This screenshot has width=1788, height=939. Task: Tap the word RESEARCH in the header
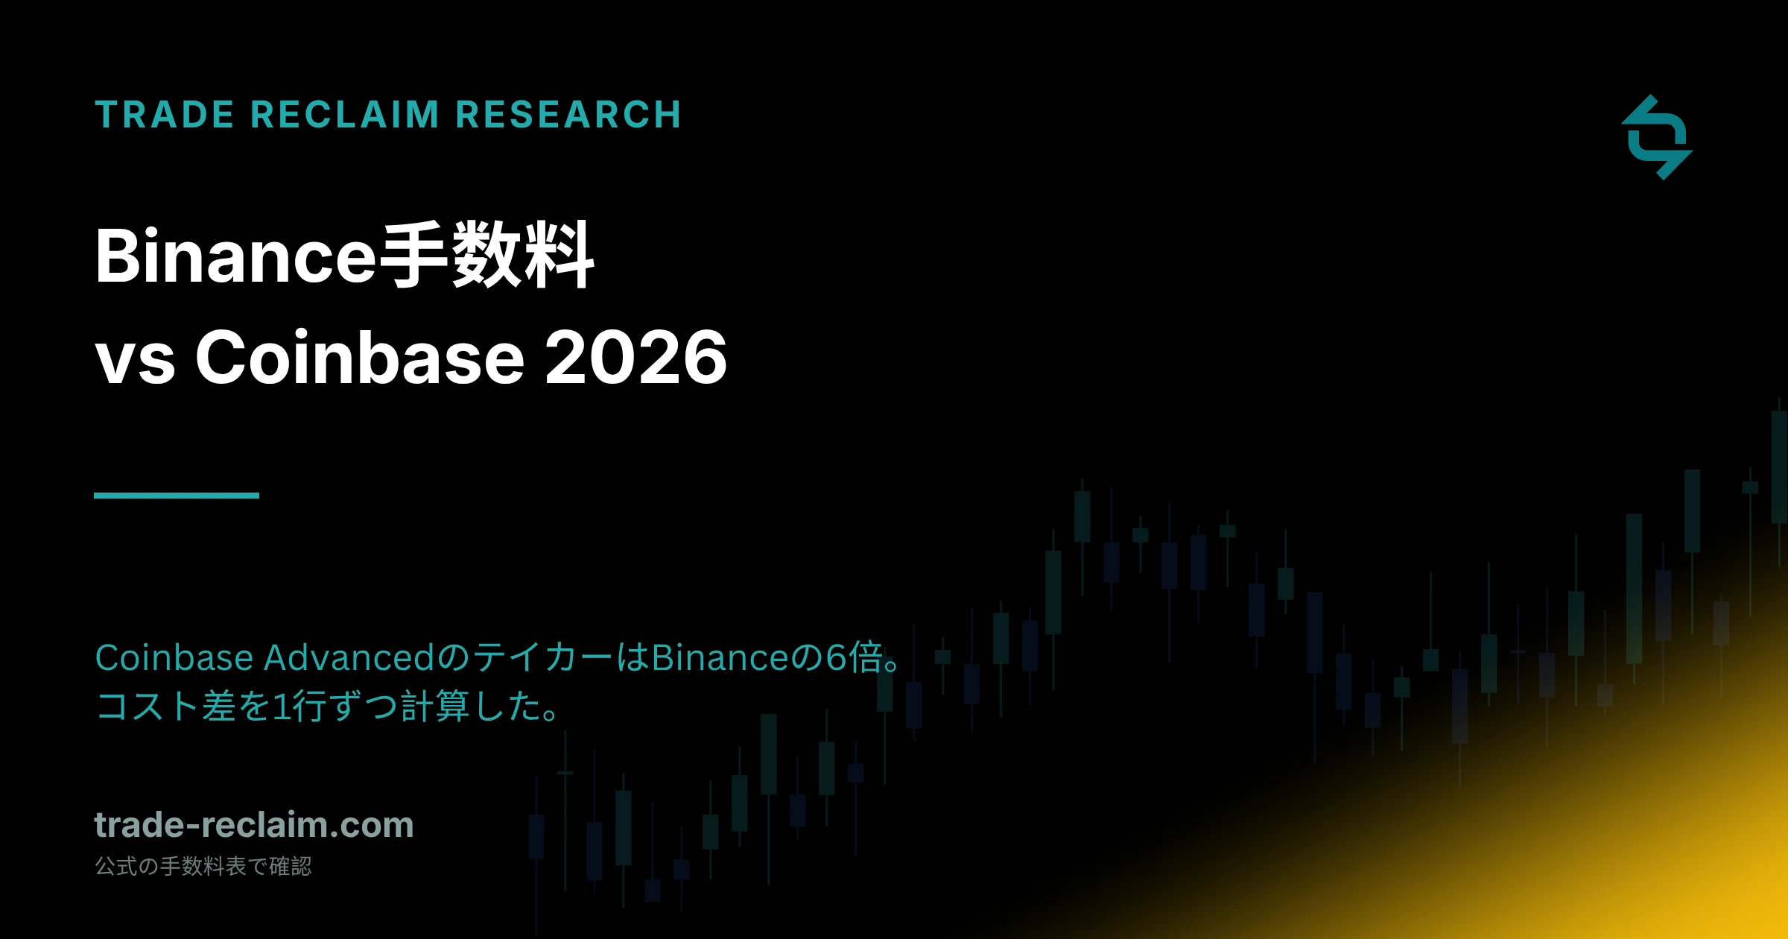568,115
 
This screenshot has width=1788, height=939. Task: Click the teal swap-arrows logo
1657,137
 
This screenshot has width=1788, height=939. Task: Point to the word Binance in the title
237,256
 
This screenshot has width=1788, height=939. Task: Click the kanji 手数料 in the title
487,255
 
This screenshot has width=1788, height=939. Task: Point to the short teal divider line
177,496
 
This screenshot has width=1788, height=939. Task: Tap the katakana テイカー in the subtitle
544,657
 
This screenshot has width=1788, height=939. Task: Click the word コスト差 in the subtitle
165,706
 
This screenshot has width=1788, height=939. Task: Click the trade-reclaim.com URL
254,825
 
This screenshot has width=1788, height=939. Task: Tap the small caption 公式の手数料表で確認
203,866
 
